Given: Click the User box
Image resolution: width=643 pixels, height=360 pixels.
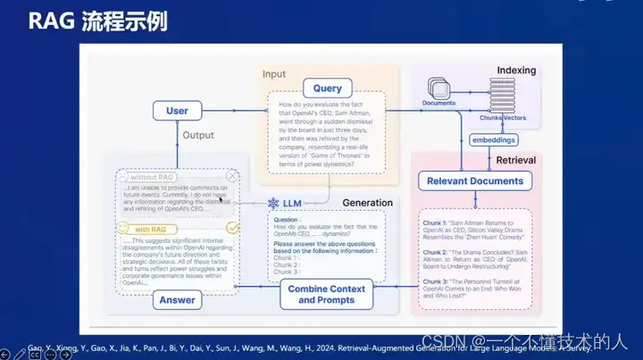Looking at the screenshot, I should [177, 111].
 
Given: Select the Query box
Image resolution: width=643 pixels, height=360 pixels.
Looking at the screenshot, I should [328, 88].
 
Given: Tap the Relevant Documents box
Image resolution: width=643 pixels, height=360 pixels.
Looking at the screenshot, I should [475, 180].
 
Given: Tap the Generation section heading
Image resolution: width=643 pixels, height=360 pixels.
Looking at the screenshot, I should [367, 203].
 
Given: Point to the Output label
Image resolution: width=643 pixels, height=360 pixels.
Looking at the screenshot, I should [198, 136].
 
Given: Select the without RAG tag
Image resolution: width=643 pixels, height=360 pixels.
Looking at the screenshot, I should [147, 177].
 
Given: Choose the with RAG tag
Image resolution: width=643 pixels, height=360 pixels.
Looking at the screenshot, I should [144, 230].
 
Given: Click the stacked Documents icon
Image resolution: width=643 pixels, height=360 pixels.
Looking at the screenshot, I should [438, 89].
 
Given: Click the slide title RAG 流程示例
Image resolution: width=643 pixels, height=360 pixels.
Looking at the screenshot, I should [85, 21].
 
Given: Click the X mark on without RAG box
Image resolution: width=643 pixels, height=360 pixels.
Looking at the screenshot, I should [233, 176].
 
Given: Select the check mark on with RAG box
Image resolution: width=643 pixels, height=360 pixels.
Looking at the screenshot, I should [233, 229].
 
